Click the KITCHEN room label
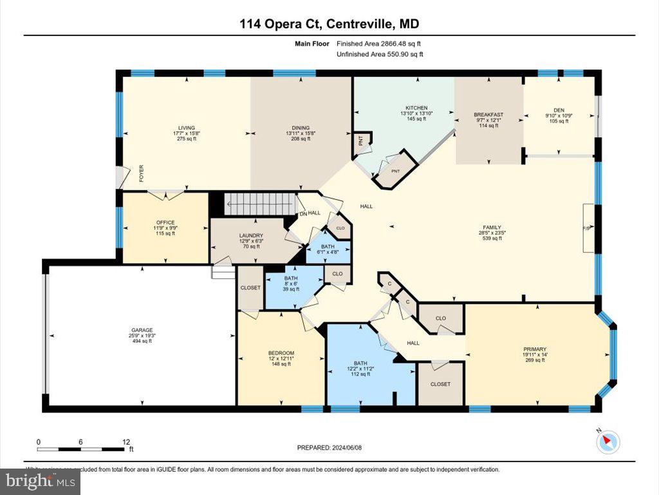point(416,108)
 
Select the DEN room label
point(558,110)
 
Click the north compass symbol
point(608,442)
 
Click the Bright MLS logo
point(41,481)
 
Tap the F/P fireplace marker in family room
point(588,228)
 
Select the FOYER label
point(141,174)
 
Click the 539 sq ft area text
point(492,238)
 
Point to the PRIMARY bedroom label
point(535,348)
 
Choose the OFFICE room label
point(165,222)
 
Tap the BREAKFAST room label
point(488,115)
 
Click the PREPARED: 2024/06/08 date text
point(329,447)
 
